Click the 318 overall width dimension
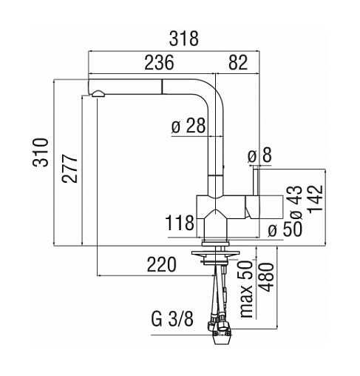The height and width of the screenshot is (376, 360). [183, 38]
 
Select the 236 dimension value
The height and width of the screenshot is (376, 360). [159, 62]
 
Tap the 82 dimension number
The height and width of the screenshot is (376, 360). [238, 62]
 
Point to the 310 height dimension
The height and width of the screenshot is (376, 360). [41, 152]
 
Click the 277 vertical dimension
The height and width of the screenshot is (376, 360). [69, 169]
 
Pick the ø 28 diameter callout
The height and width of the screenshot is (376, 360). [189, 126]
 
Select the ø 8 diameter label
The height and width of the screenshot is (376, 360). [259, 155]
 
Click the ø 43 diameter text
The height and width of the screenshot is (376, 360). [296, 202]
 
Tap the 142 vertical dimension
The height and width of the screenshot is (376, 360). [315, 198]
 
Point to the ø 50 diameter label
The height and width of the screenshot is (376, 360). [285, 229]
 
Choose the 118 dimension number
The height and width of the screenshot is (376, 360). [180, 223]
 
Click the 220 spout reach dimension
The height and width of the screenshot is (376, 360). [162, 264]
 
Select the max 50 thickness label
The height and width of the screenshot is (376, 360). [246, 289]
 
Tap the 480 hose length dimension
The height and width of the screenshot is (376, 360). [266, 278]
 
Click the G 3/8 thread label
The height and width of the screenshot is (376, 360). [172, 319]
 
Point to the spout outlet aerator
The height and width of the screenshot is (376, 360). [98, 94]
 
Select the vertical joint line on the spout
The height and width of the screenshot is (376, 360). [162, 87]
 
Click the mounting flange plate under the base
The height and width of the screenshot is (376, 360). [216, 253]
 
